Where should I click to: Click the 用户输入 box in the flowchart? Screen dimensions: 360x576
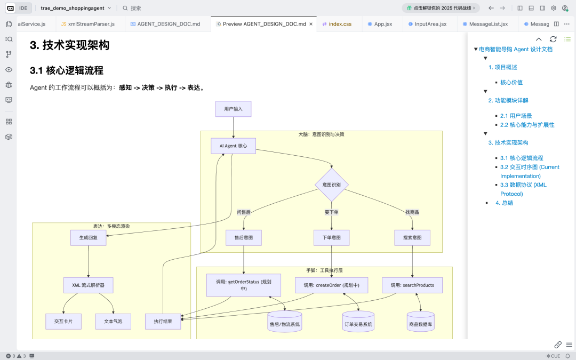pos(233,109)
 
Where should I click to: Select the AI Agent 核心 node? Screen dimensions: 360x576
pos(233,146)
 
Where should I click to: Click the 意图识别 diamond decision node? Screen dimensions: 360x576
pos(331,185)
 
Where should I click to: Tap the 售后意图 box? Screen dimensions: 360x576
pos(244,237)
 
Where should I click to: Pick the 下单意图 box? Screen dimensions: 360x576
pos(331,237)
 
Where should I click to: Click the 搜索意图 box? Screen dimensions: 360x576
pos(412,237)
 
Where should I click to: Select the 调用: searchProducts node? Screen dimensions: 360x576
pos(412,285)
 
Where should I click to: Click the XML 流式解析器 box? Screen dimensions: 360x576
pos(88,285)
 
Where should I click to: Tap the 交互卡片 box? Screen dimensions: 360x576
pos(63,321)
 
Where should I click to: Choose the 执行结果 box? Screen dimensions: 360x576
pos(163,321)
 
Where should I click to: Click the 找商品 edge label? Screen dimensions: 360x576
pos(412,212)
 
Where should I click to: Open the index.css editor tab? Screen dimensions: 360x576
pos(340,24)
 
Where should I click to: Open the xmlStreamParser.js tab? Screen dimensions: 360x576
pos(91,24)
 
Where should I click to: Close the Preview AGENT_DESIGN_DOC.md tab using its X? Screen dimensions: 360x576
pos(311,24)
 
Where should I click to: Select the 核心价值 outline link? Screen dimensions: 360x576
pos(511,82)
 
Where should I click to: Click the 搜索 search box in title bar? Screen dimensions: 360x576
pos(136,8)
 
